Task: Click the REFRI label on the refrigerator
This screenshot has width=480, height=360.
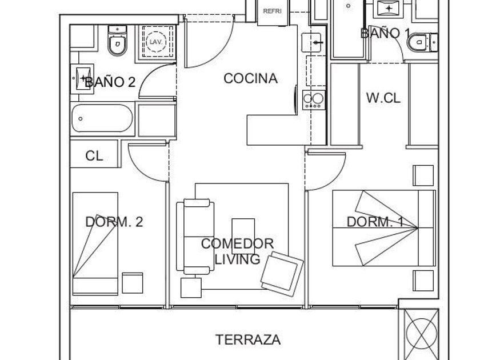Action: pyautogui.click(x=272, y=11)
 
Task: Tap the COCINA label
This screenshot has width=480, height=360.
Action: pyautogui.click(x=250, y=78)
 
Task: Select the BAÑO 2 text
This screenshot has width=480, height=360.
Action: pyautogui.click(x=110, y=82)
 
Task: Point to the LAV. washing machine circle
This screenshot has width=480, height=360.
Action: pyautogui.click(x=156, y=41)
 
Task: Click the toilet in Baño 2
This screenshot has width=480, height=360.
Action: pyautogui.click(x=117, y=41)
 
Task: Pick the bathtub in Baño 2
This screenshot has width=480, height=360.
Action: pyautogui.click(x=102, y=118)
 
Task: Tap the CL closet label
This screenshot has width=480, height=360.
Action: pyautogui.click(x=94, y=156)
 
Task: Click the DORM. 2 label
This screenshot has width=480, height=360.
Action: pyautogui.click(x=114, y=222)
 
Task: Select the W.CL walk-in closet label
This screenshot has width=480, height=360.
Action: pyautogui.click(x=383, y=98)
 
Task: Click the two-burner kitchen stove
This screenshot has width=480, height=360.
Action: pyautogui.click(x=314, y=100)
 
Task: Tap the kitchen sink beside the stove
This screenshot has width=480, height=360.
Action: pyautogui.click(x=311, y=42)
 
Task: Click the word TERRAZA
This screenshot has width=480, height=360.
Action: pyautogui.click(x=248, y=340)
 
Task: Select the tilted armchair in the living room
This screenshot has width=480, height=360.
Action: pyautogui.click(x=282, y=274)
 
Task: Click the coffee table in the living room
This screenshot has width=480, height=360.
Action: pyautogui.click(x=243, y=237)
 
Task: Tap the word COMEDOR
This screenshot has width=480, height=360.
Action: pyautogui.click(x=237, y=243)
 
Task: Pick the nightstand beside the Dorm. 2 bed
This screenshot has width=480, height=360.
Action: pyautogui.click(x=133, y=283)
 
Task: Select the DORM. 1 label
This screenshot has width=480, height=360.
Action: pyautogui.click(x=375, y=222)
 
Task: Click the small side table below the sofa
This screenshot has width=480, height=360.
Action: pyautogui.click(x=191, y=288)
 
